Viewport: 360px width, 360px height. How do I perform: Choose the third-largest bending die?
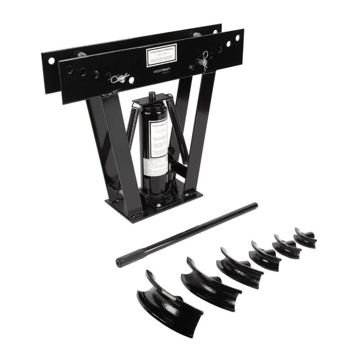[240, 268]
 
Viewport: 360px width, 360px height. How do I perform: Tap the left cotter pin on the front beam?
[120, 79]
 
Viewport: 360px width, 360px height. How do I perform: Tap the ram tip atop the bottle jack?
[152, 96]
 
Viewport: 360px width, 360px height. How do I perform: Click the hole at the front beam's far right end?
[238, 38]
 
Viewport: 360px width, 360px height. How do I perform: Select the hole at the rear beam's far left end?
[51, 60]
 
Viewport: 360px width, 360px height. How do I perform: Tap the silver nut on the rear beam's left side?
[81, 54]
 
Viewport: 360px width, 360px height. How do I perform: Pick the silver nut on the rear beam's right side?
[197, 35]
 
